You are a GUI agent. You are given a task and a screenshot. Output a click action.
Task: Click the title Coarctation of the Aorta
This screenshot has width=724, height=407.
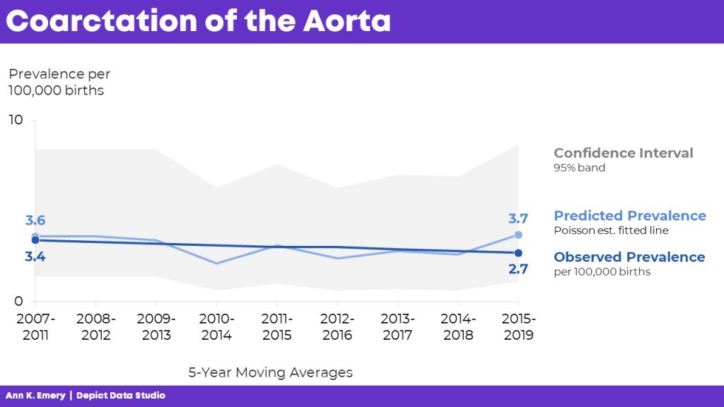tap(199, 20)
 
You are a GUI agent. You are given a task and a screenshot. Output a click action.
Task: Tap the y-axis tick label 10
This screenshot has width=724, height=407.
tap(16, 121)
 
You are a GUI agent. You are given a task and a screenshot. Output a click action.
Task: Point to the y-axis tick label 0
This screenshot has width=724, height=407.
tap(20, 302)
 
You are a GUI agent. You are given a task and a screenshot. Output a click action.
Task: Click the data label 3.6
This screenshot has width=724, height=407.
tap(35, 220)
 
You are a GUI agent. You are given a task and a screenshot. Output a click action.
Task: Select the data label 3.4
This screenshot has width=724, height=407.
tap(35, 257)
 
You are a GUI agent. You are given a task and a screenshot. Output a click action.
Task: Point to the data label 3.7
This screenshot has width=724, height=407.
tap(519, 219)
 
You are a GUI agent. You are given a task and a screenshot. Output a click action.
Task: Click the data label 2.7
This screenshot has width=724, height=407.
tap(518, 269)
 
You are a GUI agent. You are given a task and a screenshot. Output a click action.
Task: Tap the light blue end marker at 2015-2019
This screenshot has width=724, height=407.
tap(518, 235)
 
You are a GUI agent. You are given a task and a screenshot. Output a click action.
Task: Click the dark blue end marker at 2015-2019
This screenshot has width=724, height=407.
tap(518, 253)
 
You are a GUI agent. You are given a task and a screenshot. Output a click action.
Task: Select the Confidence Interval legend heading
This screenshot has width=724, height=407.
tap(623, 153)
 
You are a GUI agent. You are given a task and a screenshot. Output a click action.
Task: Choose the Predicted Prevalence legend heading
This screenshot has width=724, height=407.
tap(629, 216)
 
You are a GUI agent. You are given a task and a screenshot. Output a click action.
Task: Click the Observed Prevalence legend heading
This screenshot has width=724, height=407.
tap(629, 257)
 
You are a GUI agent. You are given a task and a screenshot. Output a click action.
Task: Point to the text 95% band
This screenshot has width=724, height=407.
tap(579, 168)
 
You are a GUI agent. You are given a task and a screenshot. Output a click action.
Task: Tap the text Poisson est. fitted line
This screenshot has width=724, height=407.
tap(611, 230)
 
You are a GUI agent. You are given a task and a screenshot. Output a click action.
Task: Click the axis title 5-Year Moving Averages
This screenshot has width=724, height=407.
tap(270, 372)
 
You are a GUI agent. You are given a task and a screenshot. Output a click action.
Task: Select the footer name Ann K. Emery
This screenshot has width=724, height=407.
tap(35, 396)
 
